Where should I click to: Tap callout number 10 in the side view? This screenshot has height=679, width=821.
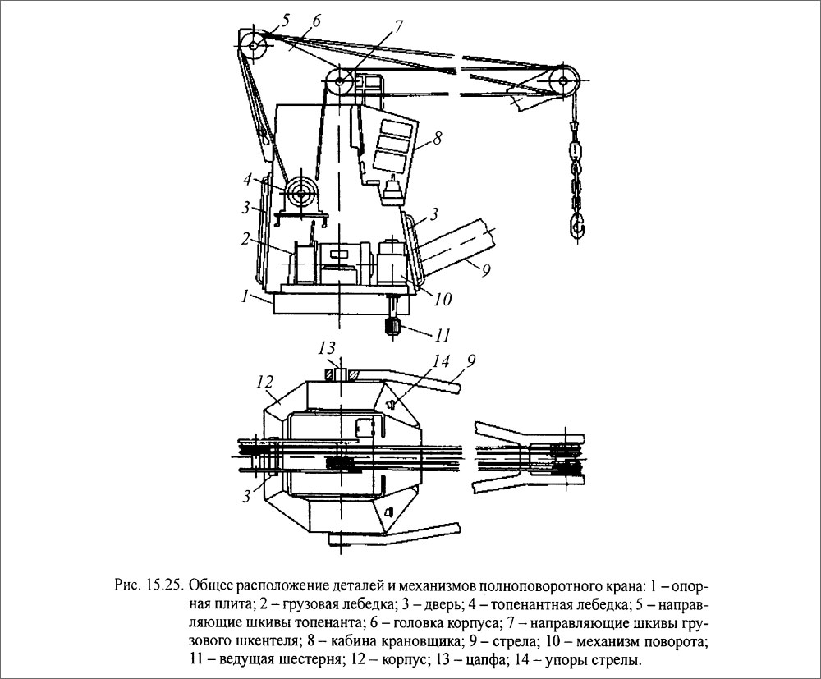442,301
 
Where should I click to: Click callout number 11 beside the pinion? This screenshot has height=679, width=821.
444,335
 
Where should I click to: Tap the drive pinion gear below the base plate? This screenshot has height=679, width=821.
390,328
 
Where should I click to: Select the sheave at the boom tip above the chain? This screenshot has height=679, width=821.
562,80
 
